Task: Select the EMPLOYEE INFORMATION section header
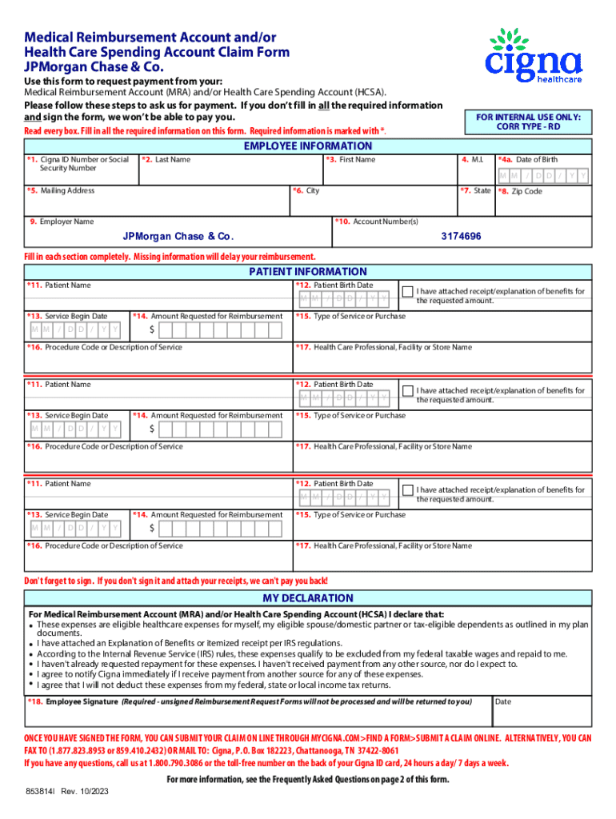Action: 308,146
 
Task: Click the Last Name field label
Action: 168,160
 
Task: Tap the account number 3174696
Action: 461,237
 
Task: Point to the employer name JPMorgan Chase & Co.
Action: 178,237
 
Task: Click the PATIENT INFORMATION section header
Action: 308,271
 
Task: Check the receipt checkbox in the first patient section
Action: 407,291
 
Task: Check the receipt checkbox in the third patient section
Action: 407,489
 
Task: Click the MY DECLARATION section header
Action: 308,598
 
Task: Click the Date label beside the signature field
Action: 503,701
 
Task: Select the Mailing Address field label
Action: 62,190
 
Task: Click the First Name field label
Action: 352,160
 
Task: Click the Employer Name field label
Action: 63,222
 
